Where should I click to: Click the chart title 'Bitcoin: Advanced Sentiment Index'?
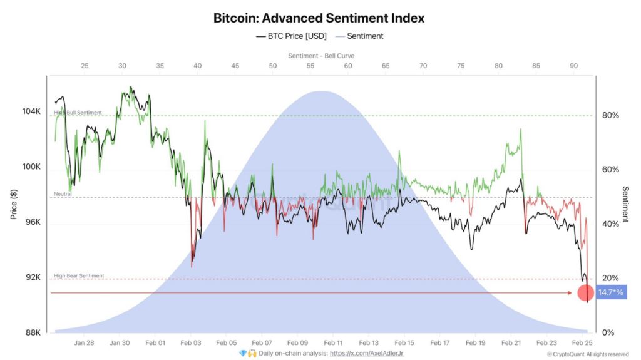pos(319,18)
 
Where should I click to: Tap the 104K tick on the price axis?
pos(32,111)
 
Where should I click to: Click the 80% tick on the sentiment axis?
pos(610,115)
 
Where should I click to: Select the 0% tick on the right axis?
pos(608,332)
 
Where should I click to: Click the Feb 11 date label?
pos(334,343)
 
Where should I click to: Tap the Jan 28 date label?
pos(84,343)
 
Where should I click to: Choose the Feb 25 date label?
pos(582,343)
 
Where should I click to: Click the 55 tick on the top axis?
pos(310,66)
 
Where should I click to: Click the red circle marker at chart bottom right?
pos(586,292)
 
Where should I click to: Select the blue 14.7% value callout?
pos(610,292)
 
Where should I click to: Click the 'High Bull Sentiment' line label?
pos(78,113)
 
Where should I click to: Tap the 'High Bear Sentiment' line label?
pos(79,275)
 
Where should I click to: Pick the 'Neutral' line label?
pos(63,194)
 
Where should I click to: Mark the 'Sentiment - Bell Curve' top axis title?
pos(321,56)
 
